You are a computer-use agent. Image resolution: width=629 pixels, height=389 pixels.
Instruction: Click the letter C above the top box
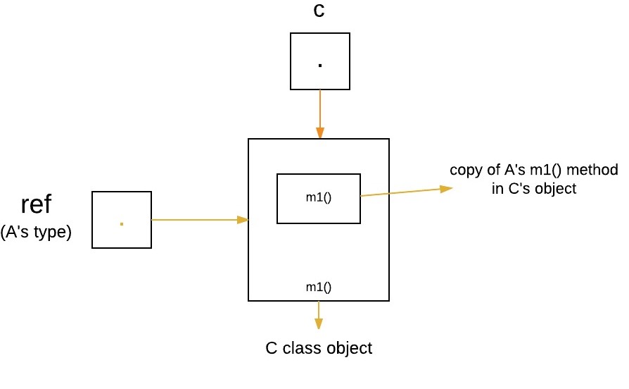[x=319, y=11]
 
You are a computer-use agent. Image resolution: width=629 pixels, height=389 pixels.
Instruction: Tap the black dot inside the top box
[x=320, y=66]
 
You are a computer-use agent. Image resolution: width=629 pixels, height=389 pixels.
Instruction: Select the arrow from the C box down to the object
[x=320, y=113]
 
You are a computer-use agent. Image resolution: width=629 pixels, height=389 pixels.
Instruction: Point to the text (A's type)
[x=36, y=232]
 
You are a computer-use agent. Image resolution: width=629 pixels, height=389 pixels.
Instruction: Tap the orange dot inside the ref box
[x=122, y=223]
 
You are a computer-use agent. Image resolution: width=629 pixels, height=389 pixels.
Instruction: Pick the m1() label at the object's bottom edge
[x=318, y=287]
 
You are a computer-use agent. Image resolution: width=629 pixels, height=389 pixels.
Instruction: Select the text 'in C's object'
[x=534, y=188]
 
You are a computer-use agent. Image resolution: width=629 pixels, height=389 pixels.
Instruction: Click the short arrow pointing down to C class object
[x=319, y=315]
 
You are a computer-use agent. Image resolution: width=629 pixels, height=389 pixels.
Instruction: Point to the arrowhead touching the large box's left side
[x=243, y=220]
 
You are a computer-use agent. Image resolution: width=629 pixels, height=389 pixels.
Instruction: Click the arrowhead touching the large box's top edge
[x=320, y=133]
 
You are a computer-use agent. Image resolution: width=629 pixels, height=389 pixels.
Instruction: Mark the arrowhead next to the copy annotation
[x=445, y=188]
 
